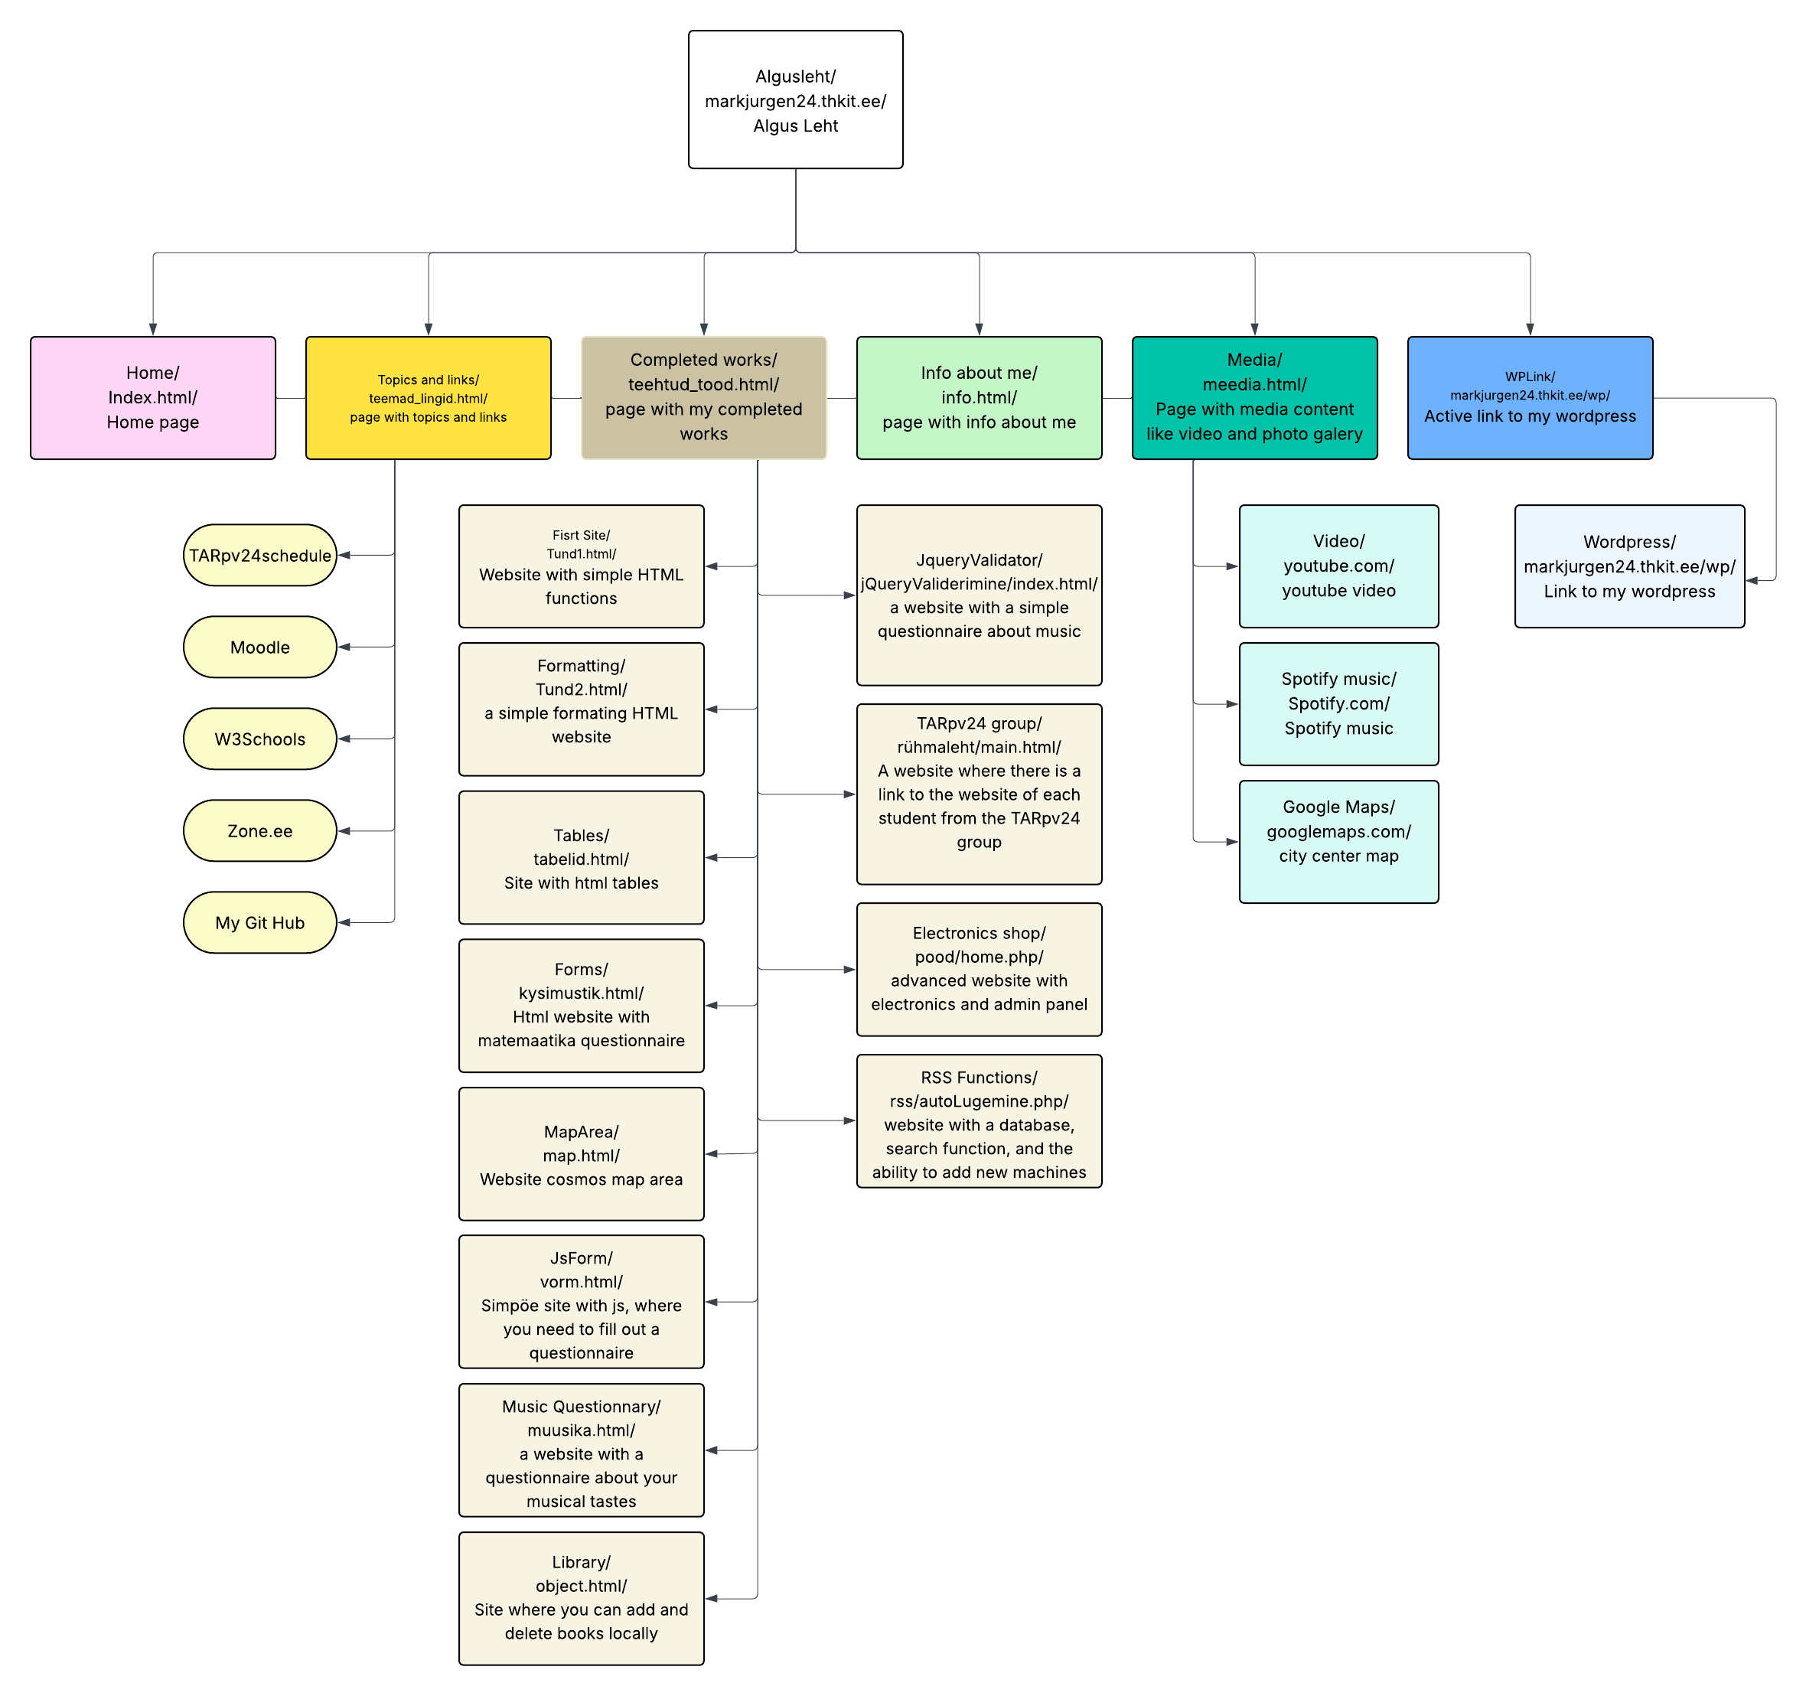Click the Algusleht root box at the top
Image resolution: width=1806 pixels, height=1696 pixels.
pyautogui.click(x=795, y=100)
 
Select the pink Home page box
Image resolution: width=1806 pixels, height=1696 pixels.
pyautogui.click(x=152, y=398)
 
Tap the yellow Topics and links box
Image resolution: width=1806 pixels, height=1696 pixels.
pyautogui.click(x=428, y=398)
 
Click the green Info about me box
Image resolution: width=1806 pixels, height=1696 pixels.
pyautogui.click(x=979, y=398)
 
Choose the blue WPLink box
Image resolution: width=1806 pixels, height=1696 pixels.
pyautogui.click(x=1529, y=398)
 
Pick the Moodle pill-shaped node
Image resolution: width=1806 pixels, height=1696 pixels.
pyautogui.click(x=260, y=647)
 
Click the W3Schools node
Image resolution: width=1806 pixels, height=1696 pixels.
pyautogui.click(x=260, y=739)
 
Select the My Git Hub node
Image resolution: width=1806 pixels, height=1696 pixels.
pyautogui.click(x=260, y=923)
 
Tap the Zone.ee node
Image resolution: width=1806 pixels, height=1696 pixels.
pyautogui.click(x=260, y=831)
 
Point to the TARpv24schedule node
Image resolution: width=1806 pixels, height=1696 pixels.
pyautogui.click(x=260, y=556)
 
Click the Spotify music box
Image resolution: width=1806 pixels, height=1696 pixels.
pyautogui.click(x=1338, y=704)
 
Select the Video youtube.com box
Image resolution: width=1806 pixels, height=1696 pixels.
pyautogui.click(x=1338, y=566)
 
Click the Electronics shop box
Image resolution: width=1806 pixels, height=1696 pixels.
pyautogui.click(x=979, y=969)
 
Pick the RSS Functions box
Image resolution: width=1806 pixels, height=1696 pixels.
pyautogui.click(x=979, y=1121)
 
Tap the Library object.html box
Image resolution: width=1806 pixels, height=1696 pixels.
pyautogui.click(x=582, y=1598)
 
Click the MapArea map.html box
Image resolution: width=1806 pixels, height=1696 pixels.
pyautogui.click(x=582, y=1155)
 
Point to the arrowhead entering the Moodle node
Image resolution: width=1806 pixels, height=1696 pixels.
pyautogui.click(x=344, y=647)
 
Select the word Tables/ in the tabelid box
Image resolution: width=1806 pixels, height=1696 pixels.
pyautogui.click(x=582, y=836)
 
